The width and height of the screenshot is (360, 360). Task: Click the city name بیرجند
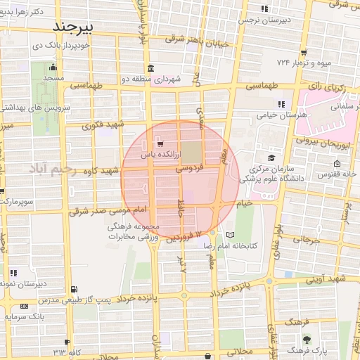(x=83, y=27)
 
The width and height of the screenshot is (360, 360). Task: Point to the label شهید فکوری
(x=103, y=126)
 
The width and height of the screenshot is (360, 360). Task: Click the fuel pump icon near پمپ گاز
(x=75, y=288)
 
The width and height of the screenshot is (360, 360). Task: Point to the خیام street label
(x=245, y=203)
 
